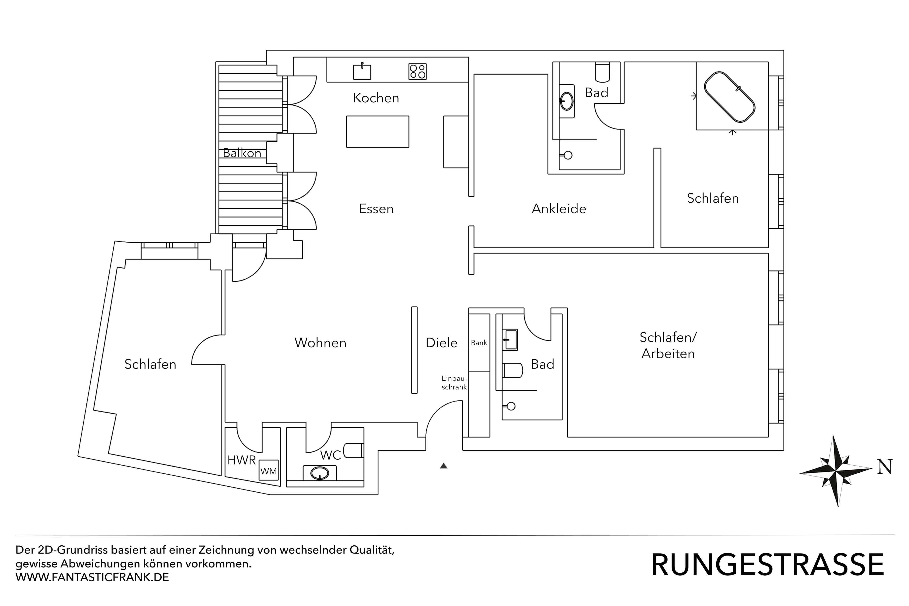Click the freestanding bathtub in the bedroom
(x=729, y=97)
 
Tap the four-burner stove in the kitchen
(x=417, y=71)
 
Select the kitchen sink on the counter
(x=362, y=72)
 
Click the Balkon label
(x=242, y=153)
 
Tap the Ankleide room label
(x=559, y=209)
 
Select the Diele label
(x=441, y=343)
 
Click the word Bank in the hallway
(x=479, y=343)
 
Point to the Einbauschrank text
(x=454, y=383)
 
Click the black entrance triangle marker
(x=444, y=466)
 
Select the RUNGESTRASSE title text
(x=767, y=565)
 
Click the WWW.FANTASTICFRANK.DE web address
(x=92, y=577)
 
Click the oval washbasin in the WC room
(x=320, y=473)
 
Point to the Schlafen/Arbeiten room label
(x=668, y=345)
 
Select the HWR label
(x=241, y=460)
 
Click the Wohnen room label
(x=320, y=343)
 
